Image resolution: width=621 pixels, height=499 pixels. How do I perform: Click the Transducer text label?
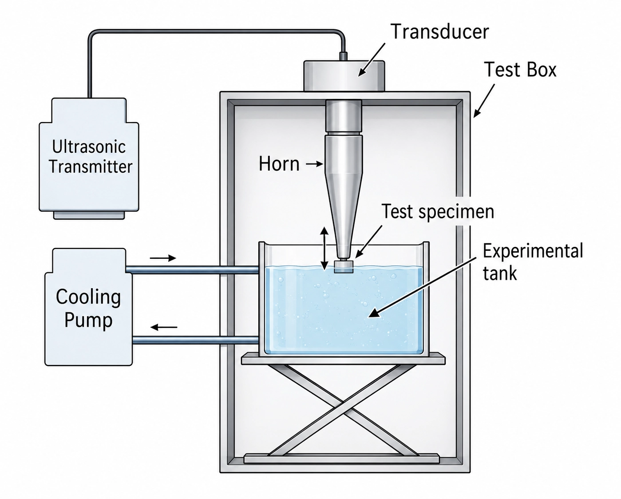(440, 32)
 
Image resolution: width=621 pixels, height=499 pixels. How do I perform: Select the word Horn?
(279, 164)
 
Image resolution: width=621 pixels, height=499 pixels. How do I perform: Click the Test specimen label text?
(438, 212)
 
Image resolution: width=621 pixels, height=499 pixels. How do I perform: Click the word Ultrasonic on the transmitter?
(89, 147)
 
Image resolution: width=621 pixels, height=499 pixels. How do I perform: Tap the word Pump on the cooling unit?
(88, 320)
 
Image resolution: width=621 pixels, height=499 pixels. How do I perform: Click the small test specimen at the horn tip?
(344, 266)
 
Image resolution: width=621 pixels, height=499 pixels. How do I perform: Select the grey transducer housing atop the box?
(344, 76)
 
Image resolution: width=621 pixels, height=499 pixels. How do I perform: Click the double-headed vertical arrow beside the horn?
(324, 248)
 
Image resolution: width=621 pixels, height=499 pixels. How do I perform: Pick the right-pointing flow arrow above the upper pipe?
(163, 258)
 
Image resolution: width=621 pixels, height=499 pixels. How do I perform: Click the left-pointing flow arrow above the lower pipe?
(164, 327)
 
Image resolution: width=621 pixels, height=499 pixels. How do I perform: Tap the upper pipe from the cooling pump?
(192, 270)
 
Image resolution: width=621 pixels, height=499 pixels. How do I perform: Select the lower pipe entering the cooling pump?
(195, 340)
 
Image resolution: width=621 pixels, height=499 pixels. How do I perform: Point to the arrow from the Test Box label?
(484, 101)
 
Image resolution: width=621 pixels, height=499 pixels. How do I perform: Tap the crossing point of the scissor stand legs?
(344, 402)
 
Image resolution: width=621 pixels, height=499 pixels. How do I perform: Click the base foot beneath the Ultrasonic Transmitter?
(89, 215)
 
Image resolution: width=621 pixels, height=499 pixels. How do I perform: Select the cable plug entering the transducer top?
(344, 56)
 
